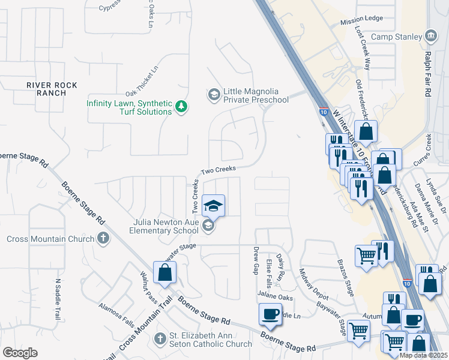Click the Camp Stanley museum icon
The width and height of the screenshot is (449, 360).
[431, 37]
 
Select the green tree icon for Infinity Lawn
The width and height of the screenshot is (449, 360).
[181, 107]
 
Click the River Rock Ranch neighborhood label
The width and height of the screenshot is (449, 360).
[52, 89]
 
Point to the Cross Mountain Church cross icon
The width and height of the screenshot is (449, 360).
[103, 238]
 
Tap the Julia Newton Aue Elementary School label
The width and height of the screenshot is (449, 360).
[166, 226]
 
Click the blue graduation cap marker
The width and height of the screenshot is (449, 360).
[212, 206]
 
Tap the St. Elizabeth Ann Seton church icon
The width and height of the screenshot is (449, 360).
[160, 339]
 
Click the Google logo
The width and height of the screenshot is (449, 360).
[20, 353]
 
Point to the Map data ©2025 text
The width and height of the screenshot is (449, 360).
[423, 355]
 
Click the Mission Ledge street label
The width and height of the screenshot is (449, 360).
[361, 20]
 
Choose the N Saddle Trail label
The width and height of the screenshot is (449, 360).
[59, 299]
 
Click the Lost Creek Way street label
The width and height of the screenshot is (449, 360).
[364, 40]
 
